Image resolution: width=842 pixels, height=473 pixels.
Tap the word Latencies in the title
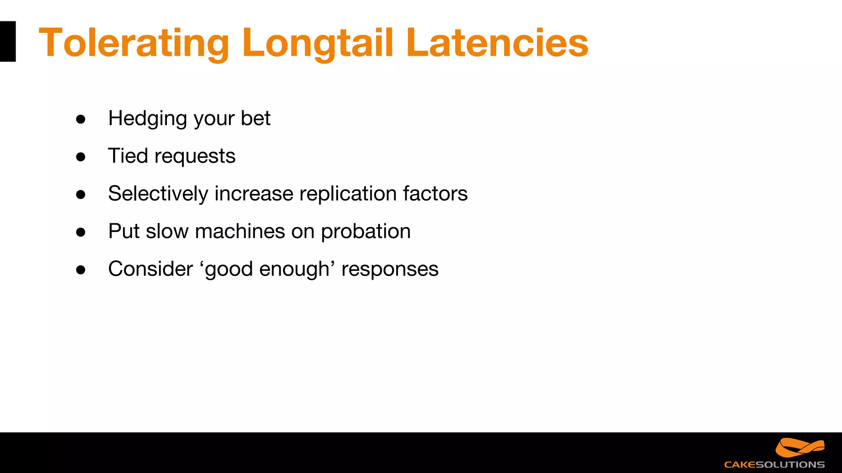(497, 43)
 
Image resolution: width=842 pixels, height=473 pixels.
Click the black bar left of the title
(7, 41)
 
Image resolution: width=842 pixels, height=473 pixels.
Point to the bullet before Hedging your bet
(81, 119)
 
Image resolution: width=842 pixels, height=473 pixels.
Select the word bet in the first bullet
(255, 118)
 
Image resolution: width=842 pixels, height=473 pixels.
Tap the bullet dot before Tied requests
(81, 157)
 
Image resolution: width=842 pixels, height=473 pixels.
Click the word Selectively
(158, 194)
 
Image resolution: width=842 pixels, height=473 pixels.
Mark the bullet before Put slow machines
(81, 232)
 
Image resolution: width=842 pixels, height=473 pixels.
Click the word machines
(240, 231)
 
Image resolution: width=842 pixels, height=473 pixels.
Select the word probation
(365, 232)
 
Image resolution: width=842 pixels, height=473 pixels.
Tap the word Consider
(150, 269)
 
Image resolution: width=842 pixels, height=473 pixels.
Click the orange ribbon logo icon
(800, 448)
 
